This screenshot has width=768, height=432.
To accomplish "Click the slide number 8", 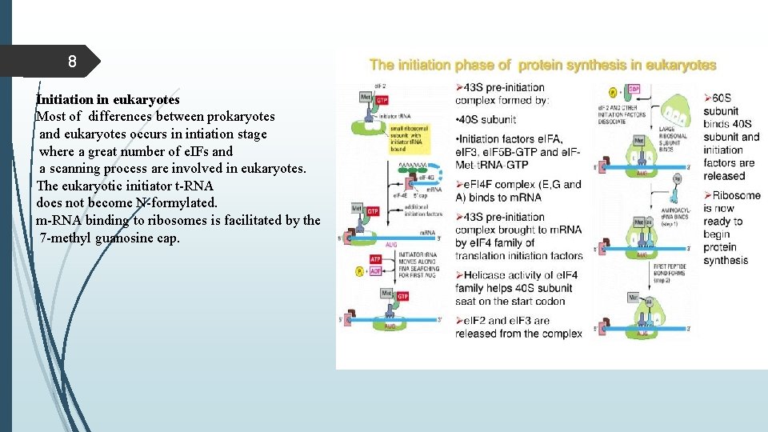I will coord(72,62).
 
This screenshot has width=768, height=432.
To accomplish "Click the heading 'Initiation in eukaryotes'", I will coord(108,100).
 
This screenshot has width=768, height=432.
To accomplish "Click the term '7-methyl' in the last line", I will coord(63,238).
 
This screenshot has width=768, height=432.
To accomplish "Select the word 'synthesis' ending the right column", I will coord(726,260).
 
